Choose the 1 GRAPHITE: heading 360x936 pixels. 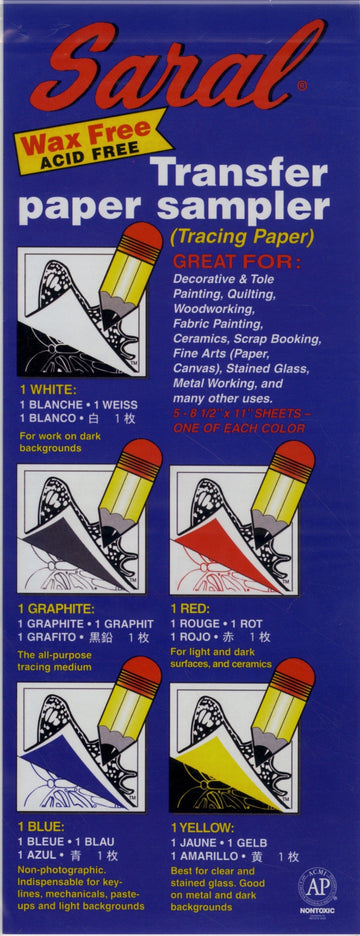(56, 608)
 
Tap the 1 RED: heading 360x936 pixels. (192, 608)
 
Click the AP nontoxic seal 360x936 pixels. (316, 892)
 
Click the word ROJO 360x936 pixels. (192, 636)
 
